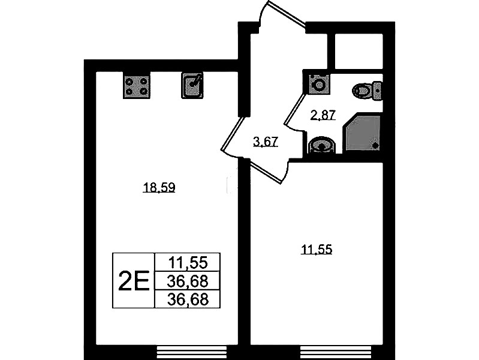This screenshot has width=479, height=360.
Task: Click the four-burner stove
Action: [137, 85]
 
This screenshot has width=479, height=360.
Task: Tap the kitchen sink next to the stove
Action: [192, 85]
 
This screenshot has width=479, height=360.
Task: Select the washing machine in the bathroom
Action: [319, 84]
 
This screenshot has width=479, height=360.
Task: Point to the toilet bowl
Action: [362, 91]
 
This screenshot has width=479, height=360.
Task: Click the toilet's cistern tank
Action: [377, 91]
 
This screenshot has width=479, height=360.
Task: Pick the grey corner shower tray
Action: [362, 132]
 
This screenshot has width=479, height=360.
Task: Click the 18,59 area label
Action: [159, 187]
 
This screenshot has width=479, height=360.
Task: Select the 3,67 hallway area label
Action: [266, 142]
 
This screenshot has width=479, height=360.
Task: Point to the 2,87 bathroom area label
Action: [323, 116]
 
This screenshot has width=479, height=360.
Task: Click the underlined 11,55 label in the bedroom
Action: [317, 250]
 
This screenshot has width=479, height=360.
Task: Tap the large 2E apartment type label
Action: [134, 281]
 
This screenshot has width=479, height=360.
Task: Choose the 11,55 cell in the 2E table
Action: [188, 262]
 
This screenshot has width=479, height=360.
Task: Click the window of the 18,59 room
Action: [192, 352]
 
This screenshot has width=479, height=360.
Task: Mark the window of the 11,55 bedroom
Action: [336, 352]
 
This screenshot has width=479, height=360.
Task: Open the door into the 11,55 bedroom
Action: [269, 170]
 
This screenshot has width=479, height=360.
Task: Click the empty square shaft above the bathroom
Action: [359, 51]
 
